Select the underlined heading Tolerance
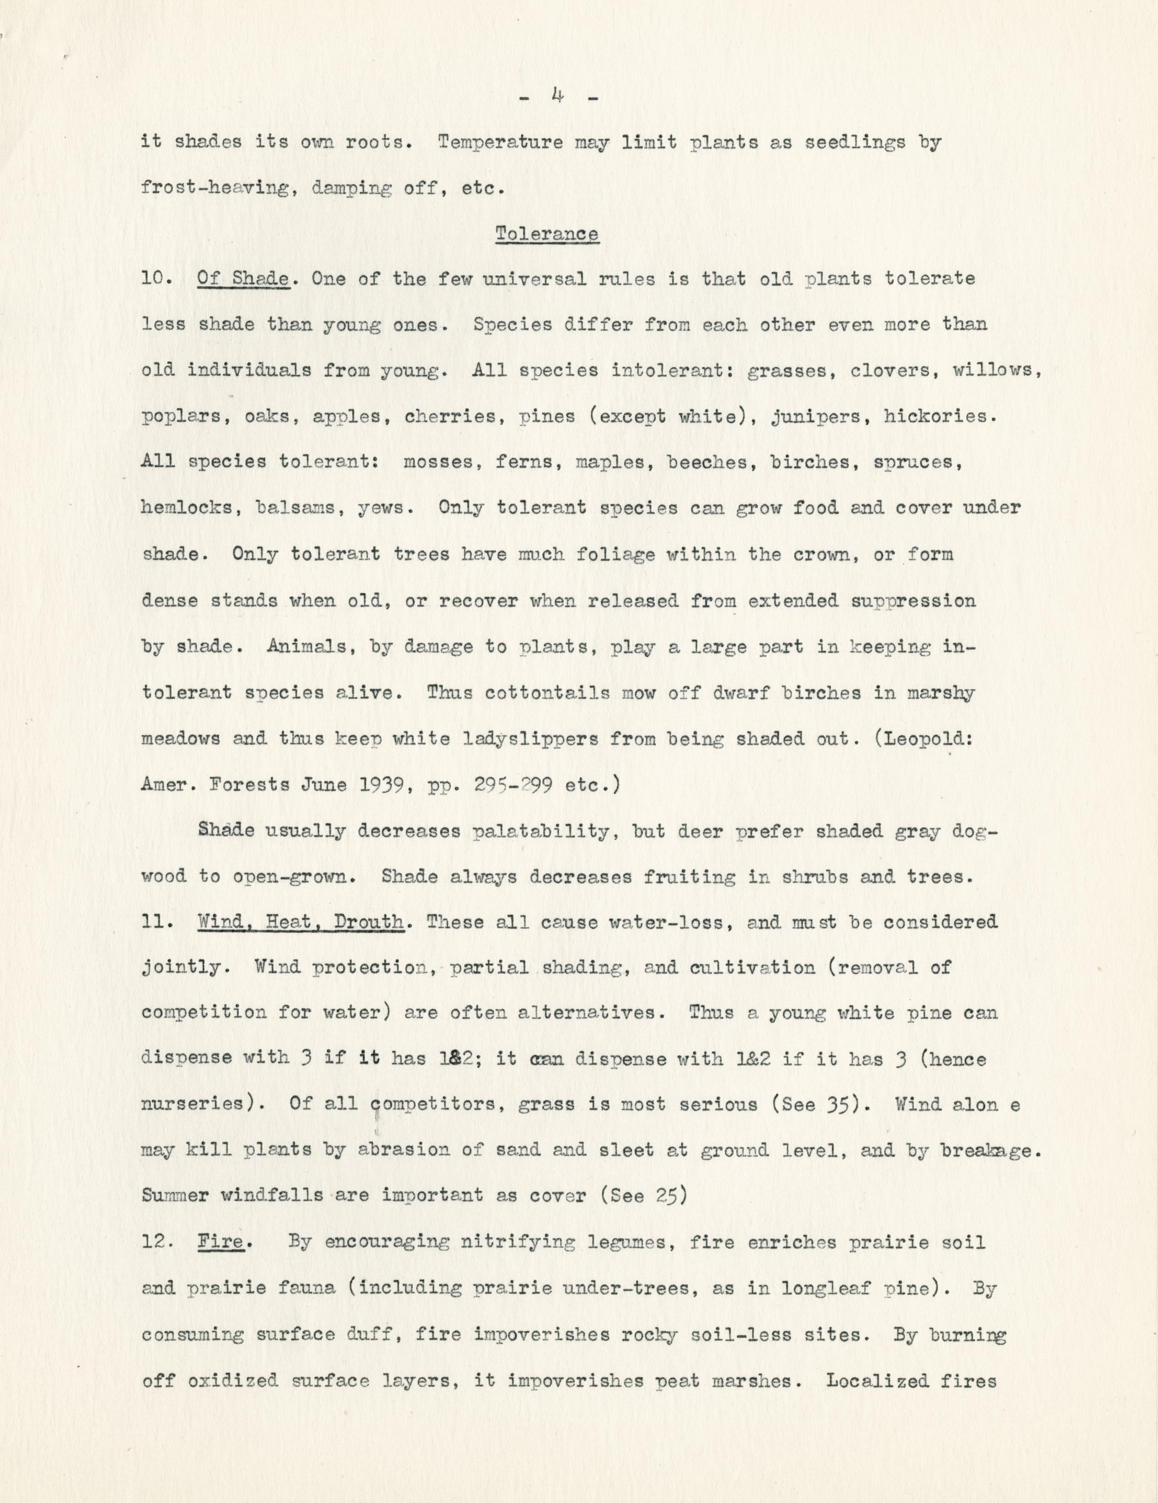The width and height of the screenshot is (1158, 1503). [547, 235]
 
